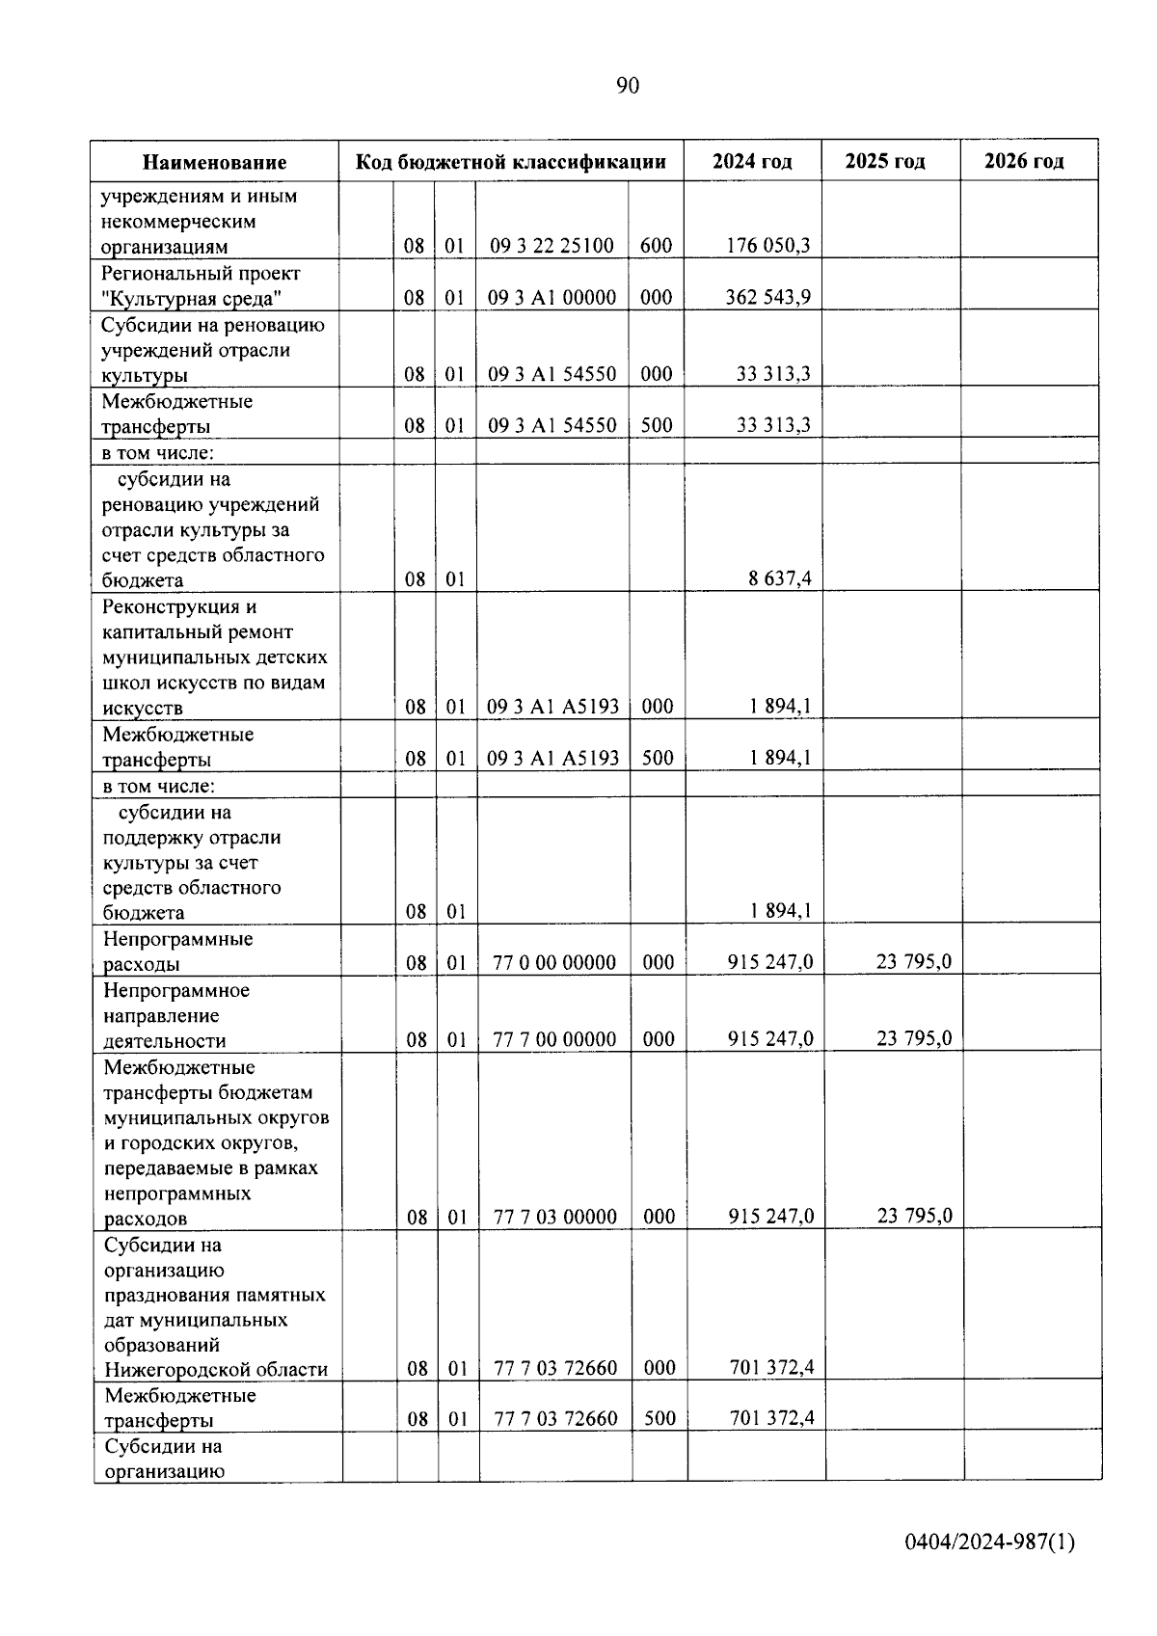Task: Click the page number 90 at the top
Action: [x=627, y=87]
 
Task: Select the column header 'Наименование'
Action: [x=215, y=162]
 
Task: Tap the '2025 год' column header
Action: [x=885, y=161]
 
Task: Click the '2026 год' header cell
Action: [x=1024, y=161]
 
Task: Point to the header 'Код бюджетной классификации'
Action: [x=511, y=161]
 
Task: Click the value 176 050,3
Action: [x=767, y=246]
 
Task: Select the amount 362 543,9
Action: [x=767, y=297]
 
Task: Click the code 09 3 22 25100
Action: [x=552, y=246]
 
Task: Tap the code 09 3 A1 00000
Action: [x=552, y=297]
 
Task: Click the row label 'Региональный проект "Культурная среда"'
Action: [x=201, y=285]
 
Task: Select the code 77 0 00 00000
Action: [x=554, y=962]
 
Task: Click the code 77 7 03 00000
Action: [x=555, y=1217]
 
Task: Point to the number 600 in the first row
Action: [x=656, y=246]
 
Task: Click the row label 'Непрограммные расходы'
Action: [x=177, y=952]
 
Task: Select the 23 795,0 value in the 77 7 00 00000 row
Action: [x=914, y=1038]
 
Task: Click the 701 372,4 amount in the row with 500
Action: [x=771, y=1418]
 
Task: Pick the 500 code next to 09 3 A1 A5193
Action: [x=658, y=758]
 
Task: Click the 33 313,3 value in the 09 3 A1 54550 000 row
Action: [x=772, y=374]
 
